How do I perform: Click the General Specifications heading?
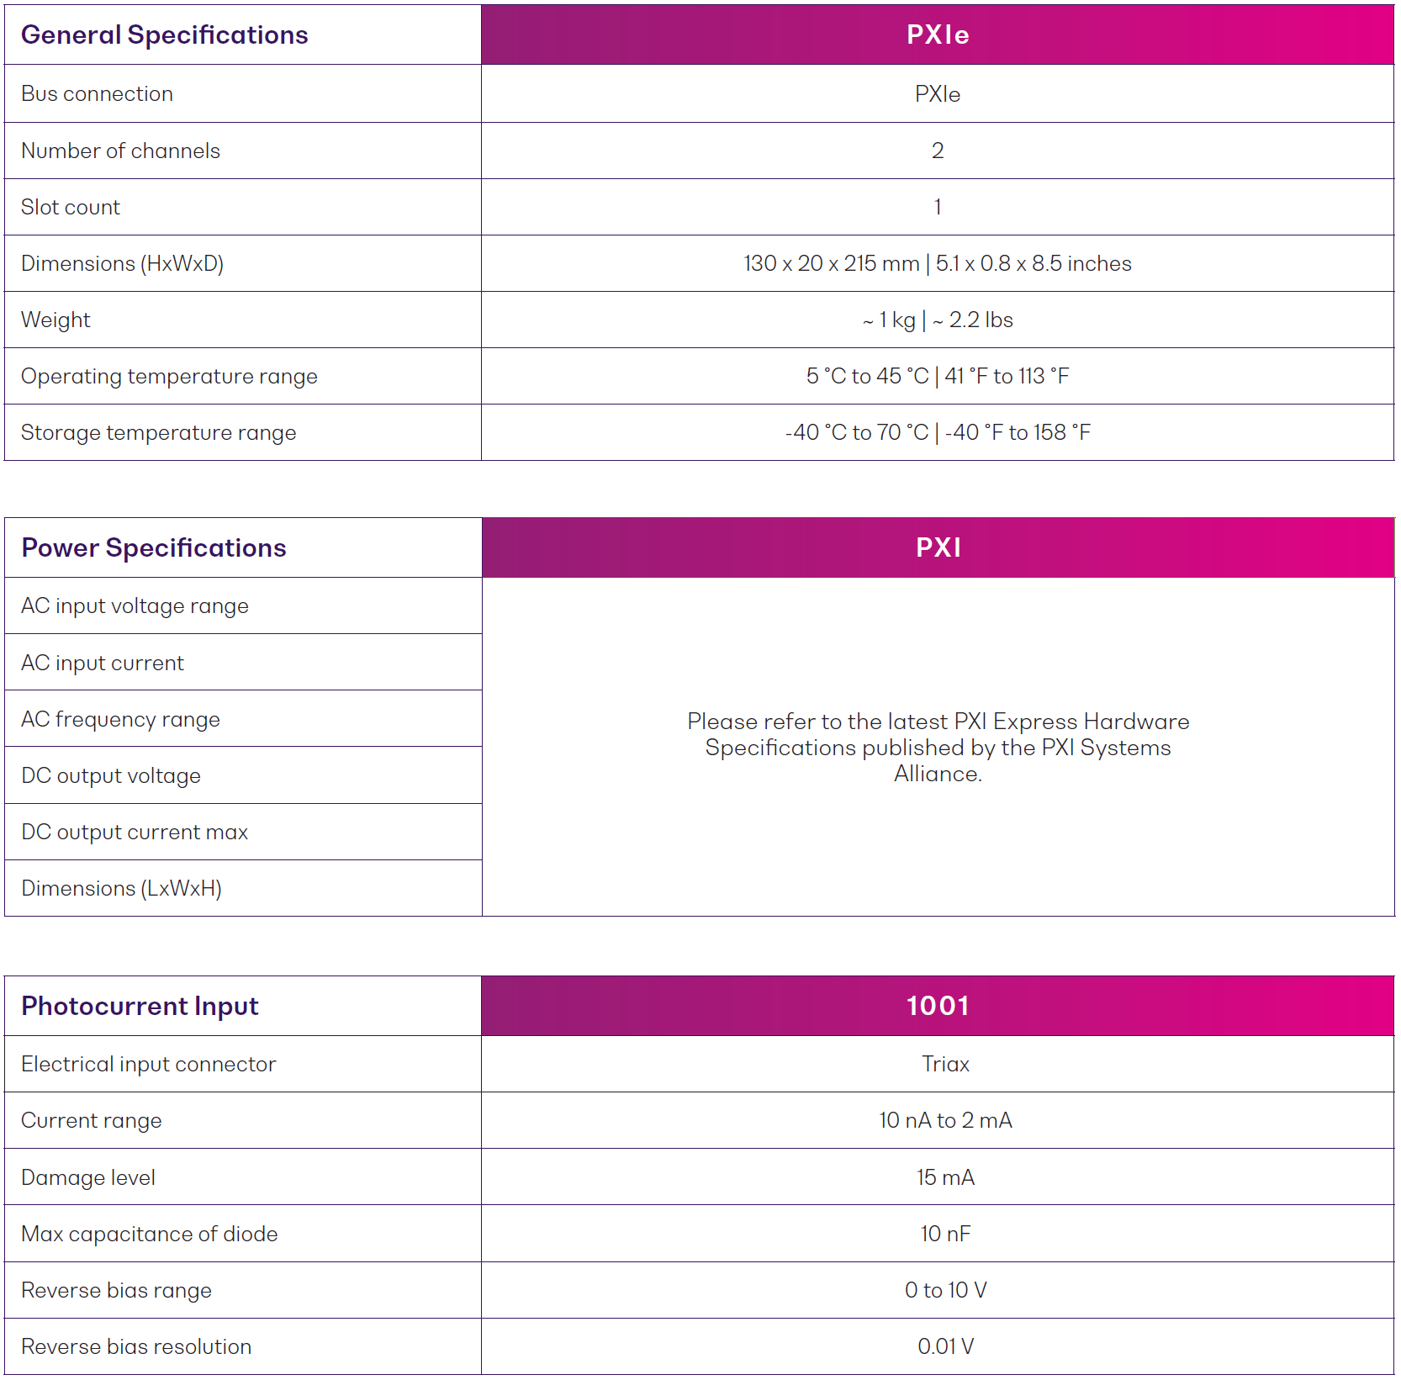(165, 35)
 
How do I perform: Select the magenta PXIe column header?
(937, 35)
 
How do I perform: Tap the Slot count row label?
(71, 208)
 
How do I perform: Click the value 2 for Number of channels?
(937, 151)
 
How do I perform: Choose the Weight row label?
(56, 320)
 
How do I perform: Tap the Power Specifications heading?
(154, 548)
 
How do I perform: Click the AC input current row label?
(103, 664)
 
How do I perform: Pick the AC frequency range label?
(121, 720)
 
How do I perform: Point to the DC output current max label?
(135, 833)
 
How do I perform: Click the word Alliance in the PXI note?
(937, 775)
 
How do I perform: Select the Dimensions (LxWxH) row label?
(122, 889)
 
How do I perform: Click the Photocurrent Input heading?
(140, 1007)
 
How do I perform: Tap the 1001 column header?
(937, 1007)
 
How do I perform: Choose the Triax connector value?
(945, 1065)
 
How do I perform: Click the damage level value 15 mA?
(945, 1178)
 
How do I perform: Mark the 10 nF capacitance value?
(945, 1235)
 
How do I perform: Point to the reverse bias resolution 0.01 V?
(945, 1347)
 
